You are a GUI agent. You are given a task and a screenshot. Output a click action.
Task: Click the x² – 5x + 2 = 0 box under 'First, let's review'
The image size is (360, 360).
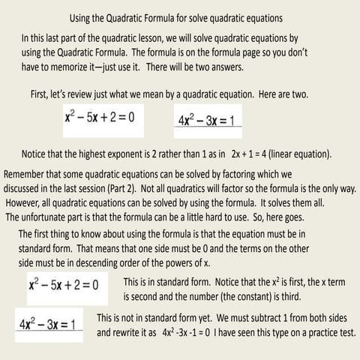coord(105,118)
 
